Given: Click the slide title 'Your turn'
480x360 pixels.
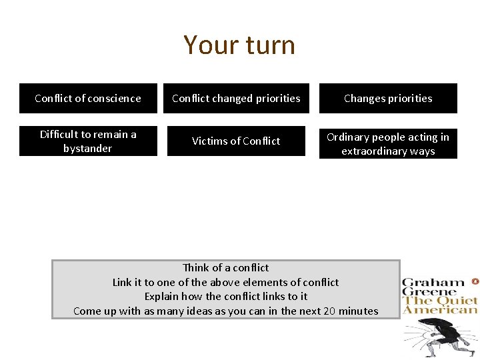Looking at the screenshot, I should pos(239,45).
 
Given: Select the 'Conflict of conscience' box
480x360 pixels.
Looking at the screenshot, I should pos(88,99).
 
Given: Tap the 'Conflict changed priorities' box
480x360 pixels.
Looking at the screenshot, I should pos(236,99).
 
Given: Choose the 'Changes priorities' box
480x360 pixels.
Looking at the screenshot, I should pos(388,99).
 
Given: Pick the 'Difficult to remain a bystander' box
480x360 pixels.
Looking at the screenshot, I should pos(88,141).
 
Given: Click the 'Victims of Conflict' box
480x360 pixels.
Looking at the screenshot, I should pos(236,141).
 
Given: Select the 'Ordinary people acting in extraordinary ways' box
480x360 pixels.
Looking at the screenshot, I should pos(388,144).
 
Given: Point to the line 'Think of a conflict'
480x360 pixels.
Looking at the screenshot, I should pos(225,268).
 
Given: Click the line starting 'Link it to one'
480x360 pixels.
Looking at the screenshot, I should pos(225,282).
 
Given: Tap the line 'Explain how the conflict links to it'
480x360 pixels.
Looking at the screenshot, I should pos(225,297).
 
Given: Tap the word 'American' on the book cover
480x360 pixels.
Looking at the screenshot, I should pos(441,309).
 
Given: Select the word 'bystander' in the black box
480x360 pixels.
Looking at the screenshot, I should pos(88,149).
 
